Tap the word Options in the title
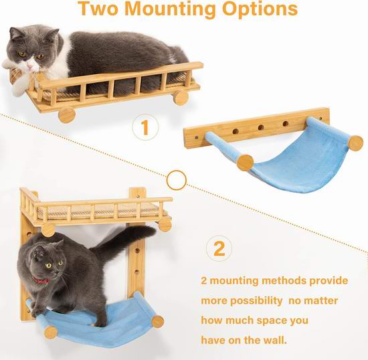260,9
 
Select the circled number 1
145,127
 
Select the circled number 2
219,248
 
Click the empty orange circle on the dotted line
177,180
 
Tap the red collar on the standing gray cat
40,280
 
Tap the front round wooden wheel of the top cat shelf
67,115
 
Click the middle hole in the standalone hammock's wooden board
261,127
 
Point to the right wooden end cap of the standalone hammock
355,143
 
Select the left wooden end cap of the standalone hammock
246,163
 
